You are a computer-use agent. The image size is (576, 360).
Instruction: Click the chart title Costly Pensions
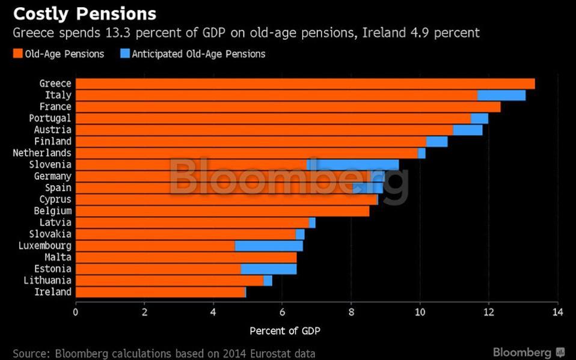[85, 14]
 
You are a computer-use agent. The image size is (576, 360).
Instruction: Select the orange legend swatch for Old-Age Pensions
[18, 54]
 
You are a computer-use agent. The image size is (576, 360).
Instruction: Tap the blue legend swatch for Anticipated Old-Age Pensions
[124, 54]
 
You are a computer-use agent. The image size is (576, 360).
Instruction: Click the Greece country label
[55, 84]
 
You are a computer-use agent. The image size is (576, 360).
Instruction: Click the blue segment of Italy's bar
[501, 95]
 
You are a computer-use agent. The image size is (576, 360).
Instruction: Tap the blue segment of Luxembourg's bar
[269, 246]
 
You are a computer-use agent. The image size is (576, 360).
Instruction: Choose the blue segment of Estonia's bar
[269, 269]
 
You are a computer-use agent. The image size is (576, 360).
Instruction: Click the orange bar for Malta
[186, 257]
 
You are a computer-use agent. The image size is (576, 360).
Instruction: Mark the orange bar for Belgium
[222, 211]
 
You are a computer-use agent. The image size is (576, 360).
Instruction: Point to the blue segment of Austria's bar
[468, 130]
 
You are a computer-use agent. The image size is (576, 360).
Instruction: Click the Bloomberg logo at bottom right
[528, 352]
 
